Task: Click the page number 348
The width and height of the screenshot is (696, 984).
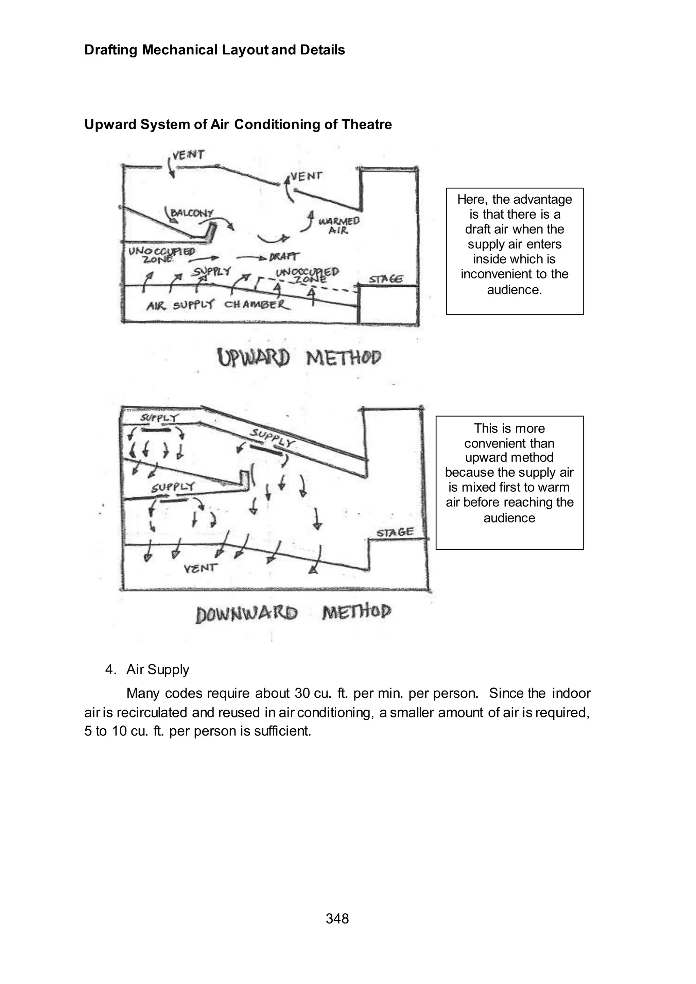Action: pyautogui.click(x=337, y=918)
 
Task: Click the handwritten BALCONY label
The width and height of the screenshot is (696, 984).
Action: pyautogui.click(x=192, y=213)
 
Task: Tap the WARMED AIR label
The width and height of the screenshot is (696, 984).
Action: pyautogui.click(x=338, y=225)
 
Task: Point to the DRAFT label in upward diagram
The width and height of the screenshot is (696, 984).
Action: pyautogui.click(x=284, y=256)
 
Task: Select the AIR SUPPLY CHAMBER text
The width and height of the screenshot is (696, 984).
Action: pyautogui.click(x=218, y=305)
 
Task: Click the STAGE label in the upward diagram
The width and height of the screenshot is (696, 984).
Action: pyautogui.click(x=386, y=279)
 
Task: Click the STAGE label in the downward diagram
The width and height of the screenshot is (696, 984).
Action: pyautogui.click(x=395, y=532)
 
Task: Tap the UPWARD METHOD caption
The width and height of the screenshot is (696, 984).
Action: pyautogui.click(x=299, y=358)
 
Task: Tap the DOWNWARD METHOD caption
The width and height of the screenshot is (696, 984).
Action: pyautogui.click(x=294, y=613)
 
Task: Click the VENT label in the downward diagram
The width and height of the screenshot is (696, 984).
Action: pyautogui.click(x=201, y=569)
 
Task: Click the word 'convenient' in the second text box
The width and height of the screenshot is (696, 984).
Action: pyautogui.click(x=509, y=443)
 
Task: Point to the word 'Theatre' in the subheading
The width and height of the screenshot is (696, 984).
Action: pyautogui.click(x=366, y=124)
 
